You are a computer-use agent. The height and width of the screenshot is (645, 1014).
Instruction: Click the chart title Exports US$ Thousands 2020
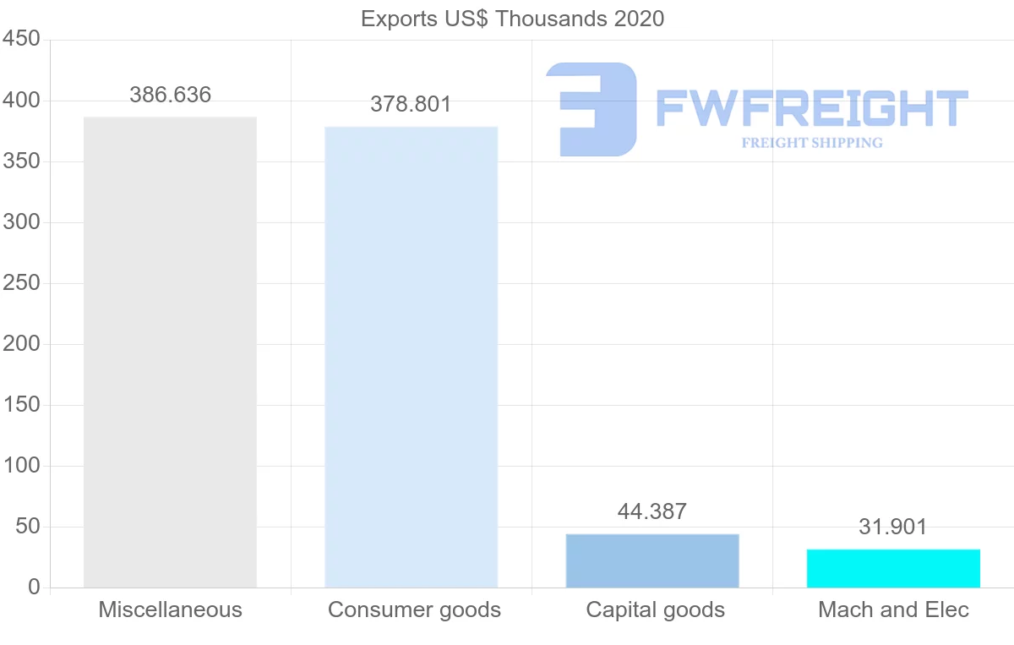[x=512, y=19]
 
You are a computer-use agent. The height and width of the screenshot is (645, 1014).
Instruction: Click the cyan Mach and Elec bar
[x=893, y=568]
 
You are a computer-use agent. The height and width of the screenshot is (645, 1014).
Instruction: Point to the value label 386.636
[x=170, y=95]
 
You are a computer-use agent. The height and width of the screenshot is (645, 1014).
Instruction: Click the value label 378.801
[x=412, y=105]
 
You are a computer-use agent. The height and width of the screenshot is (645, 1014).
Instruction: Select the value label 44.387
[x=652, y=511]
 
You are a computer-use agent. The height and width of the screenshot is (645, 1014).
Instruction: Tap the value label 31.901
[x=893, y=527]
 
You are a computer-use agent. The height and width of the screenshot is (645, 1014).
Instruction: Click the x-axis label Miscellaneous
[x=170, y=609]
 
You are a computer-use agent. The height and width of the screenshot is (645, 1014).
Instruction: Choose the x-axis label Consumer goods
[x=414, y=609]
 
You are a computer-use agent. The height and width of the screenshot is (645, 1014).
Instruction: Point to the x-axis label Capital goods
[x=655, y=609]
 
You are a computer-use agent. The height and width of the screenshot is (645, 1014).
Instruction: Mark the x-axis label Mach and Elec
[x=893, y=609]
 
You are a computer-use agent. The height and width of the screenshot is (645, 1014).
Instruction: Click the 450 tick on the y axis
[x=22, y=40]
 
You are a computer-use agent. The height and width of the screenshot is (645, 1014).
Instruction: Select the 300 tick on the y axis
[x=22, y=222]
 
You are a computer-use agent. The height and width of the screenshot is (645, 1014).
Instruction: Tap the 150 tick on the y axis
[x=22, y=405]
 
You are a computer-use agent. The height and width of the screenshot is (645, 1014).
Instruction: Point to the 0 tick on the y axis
[x=34, y=588]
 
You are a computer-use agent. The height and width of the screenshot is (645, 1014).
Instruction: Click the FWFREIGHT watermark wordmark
[x=811, y=108]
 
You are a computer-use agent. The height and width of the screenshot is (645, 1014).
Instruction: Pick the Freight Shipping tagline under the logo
[x=812, y=143]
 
